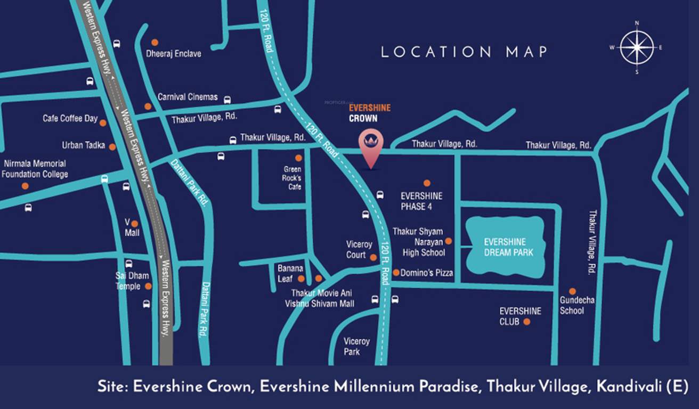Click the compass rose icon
tap(636, 47)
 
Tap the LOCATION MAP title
tap(464, 52)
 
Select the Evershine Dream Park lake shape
tap(505, 246)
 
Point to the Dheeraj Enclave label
tap(174, 54)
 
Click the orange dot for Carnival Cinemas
tap(148, 107)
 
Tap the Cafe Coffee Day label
tap(70, 118)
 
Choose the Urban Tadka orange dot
tap(112, 146)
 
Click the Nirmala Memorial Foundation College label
tap(35, 169)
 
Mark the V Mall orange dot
tap(135, 224)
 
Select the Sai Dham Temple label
tap(132, 281)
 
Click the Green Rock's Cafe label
tap(292, 178)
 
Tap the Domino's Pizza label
tap(427, 273)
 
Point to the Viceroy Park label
tap(356, 346)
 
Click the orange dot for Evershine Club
tap(527, 322)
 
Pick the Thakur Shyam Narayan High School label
tap(418, 242)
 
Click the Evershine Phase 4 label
tap(421, 201)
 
